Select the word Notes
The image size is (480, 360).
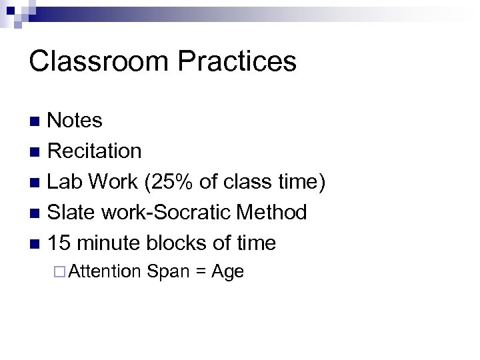click(75, 121)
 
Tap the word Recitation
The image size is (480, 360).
click(95, 151)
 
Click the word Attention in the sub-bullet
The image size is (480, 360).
click(105, 271)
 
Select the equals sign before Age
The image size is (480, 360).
click(199, 272)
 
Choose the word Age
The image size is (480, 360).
click(227, 272)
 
